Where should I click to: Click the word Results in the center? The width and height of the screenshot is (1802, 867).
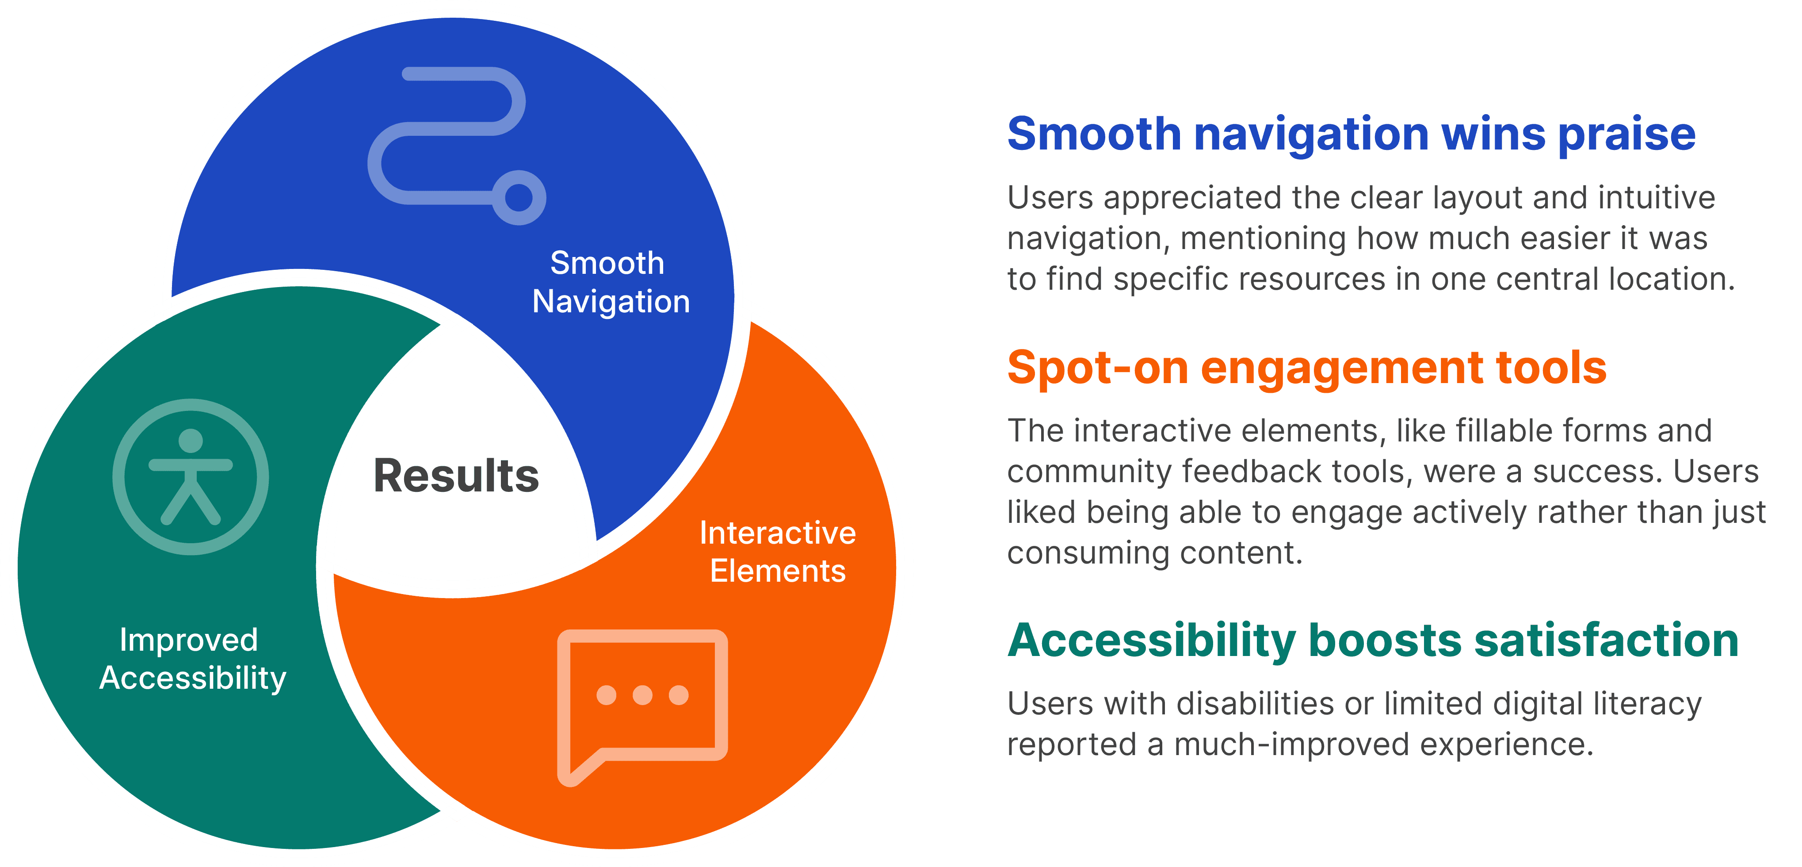pyautogui.click(x=456, y=476)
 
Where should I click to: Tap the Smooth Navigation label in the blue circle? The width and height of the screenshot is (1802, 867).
pyautogui.click(x=610, y=282)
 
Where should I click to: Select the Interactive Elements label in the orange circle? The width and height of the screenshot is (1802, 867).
pyautogui.click(x=777, y=552)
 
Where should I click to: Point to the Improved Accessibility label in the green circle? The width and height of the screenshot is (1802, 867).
pyautogui.click(x=192, y=659)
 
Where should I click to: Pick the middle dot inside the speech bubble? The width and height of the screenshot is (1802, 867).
pyautogui.click(x=642, y=695)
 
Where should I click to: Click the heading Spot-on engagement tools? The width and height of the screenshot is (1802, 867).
pyautogui.click(x=1306, y=368)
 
